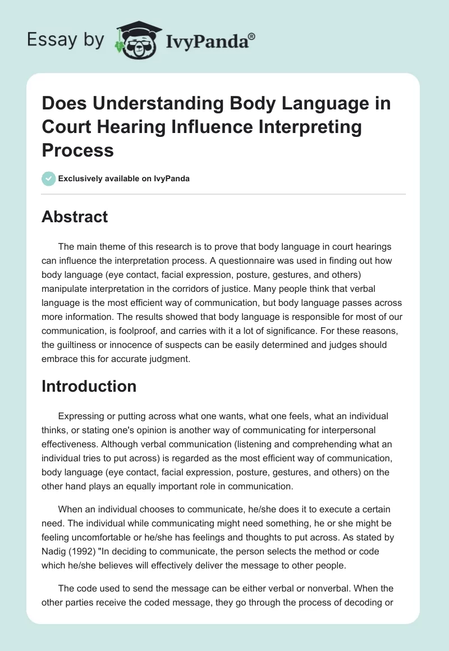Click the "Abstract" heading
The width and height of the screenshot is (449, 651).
tap(75, 217)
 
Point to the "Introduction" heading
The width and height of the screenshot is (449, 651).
tap(89, 386)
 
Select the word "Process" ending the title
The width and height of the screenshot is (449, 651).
tap(77, 150)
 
